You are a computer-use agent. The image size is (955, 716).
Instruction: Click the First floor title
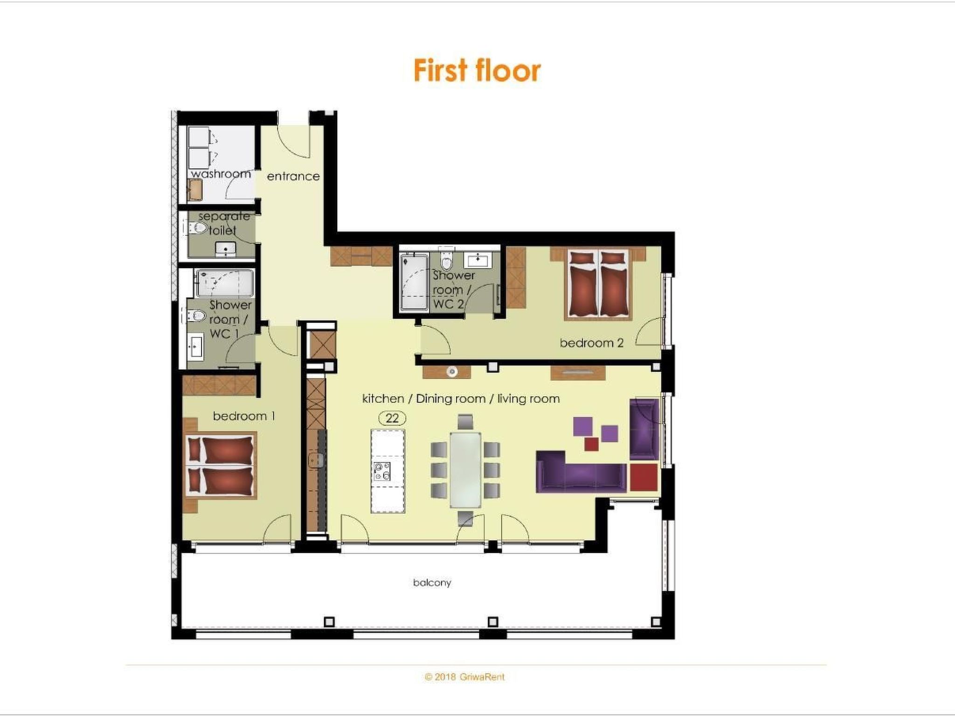[x=477, y=70]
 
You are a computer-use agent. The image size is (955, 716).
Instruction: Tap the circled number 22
[x=392, y=418]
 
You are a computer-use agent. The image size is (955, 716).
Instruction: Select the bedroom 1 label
[x=243, y=416]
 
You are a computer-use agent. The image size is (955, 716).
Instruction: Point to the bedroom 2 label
[x=591, y=343]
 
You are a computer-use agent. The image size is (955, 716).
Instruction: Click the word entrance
[x=293, y=176]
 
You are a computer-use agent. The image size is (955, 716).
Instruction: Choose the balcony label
[x=432, y=583]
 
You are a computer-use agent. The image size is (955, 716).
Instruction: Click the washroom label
[x=221, y=174]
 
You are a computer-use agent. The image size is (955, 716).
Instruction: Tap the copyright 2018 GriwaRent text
[x=464, y=677]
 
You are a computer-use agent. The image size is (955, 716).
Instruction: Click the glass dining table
[x=465, y=470]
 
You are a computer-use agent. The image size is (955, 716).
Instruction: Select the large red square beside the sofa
[x=644, y=476]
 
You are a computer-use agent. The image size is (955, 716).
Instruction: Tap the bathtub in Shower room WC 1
[x=225, y=283]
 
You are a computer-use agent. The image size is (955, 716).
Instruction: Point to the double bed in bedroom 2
[x=598, y=285]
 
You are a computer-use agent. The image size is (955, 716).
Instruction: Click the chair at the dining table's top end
[x=465, y=422]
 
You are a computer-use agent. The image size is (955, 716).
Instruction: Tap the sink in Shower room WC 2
[x=477, y=260]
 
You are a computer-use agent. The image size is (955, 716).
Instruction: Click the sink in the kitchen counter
[x=316, y=461]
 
